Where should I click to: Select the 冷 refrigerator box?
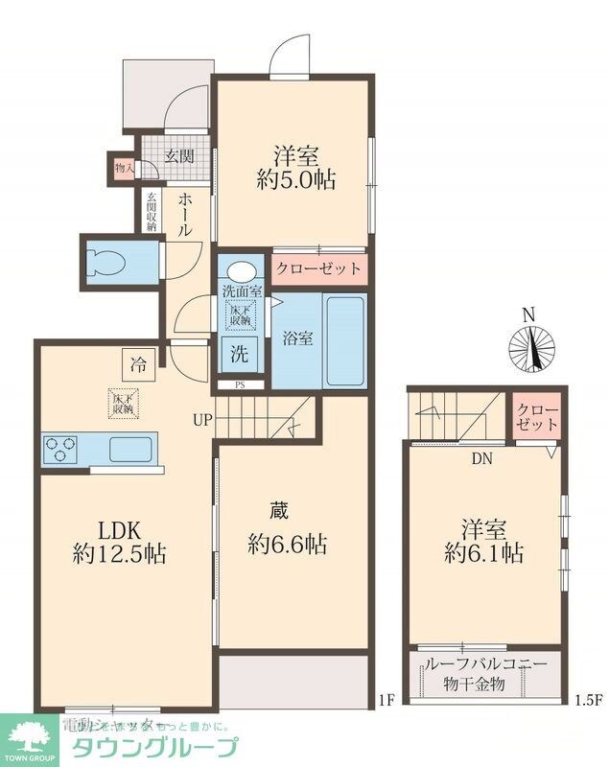click(138, 364)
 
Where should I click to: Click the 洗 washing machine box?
click(239, 352)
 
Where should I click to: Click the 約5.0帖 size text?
click(295, 180)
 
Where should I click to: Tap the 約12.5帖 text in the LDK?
click(119, 553)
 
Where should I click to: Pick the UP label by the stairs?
click(202, 419)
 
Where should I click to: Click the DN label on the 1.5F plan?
click(481, 458)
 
